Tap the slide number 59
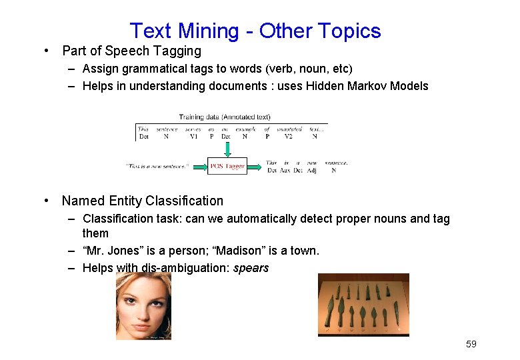coord(471,344)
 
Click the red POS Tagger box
coord(227,166)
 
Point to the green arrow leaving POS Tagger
coord(255,166)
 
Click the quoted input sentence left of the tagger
coord(157,166)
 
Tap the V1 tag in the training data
coord(193,136)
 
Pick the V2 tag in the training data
coord(288,136)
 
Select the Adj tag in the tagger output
coord(313,171)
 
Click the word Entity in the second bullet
coord(131,201)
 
